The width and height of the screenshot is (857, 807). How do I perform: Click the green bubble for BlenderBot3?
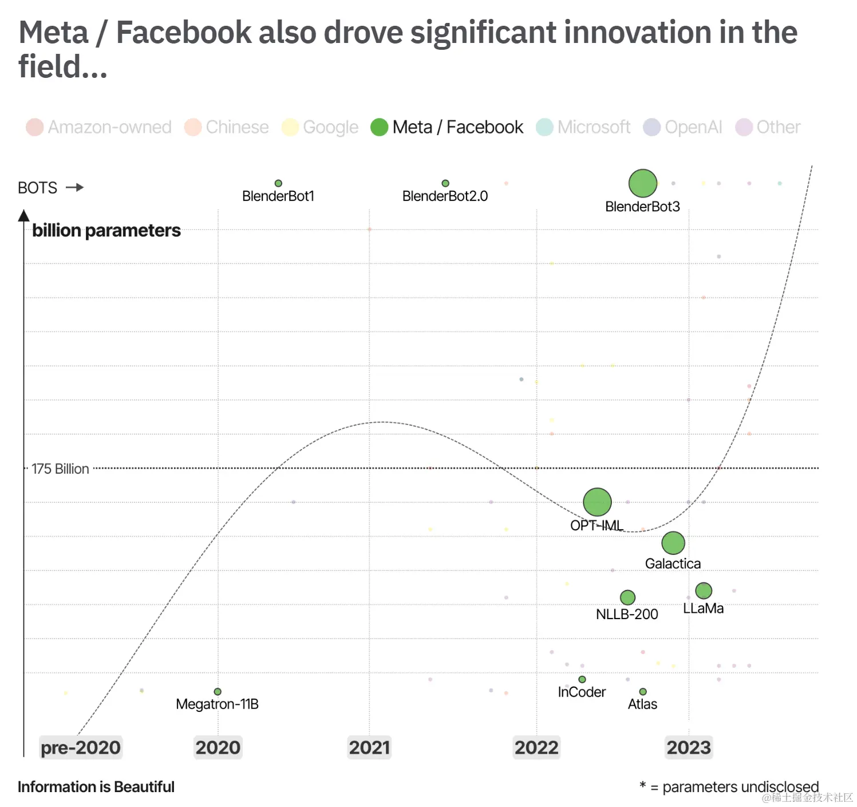pyautogui.click(x=642, y=183)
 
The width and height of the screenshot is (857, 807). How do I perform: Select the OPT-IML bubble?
pyautogui.click(x=597, y=502)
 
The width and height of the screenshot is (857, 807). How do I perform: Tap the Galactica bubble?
pyautogui.click(x=673, y=543)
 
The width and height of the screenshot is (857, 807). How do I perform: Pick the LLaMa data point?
pyautogui.click(x=704, y=591)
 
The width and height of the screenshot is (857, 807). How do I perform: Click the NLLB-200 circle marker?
pyautogui.click(x=627, y=597)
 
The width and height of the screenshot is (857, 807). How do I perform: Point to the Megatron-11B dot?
pyautogui.click(x=218, y=692)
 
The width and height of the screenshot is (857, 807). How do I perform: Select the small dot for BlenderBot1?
pyautogui.click(x=278, y=183)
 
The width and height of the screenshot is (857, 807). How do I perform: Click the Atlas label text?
pyautogui.click(x=642, y=704)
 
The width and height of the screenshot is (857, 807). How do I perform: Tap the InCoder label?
pyautogui.click(x=582, y=692)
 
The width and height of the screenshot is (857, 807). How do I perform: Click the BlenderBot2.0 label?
pyautogui.click(x=445, y=196)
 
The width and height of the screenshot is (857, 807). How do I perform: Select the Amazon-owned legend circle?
pyautogui.click(x=35, y=127)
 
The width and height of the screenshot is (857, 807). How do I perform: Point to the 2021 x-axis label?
pyautogui.click(x=369, y=747)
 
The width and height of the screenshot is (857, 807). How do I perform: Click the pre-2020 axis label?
pyautogui.click(x=81, y=747)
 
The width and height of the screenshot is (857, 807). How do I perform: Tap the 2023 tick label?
pyautogui.click(x=689, y=747)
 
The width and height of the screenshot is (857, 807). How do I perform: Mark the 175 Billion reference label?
pyautogui.click(x=60, y=469)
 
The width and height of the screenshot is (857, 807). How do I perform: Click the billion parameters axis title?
pyautogui.click(x=106, y=230)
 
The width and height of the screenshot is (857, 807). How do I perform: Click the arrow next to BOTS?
pyautogui.click(x=75, y=187)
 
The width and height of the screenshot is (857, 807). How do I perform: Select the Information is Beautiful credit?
pyautogui.click(x=96, y=787)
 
